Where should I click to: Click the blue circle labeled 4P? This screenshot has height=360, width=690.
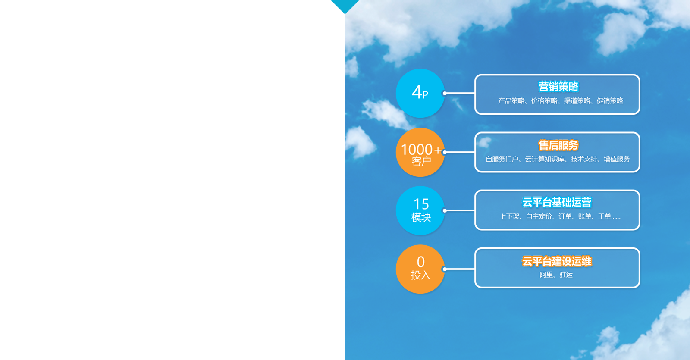[420, 93]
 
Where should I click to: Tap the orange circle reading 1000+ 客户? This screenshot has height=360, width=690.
[420, 152]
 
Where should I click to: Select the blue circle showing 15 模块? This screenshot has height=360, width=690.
[420, 211]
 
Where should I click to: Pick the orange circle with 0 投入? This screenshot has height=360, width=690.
[420, 269]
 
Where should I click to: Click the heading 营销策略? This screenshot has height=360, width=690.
[558, 87]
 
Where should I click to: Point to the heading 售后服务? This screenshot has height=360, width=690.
[558, 145]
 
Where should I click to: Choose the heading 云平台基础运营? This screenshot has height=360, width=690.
[557, 202]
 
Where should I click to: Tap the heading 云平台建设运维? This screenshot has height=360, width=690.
[557, 261]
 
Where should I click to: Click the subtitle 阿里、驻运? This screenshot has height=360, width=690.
[556, 275]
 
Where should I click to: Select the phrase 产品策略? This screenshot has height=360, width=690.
[511, 101]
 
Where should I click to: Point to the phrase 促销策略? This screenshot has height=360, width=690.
[610, 101]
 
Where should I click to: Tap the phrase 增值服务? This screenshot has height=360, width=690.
[617, 159]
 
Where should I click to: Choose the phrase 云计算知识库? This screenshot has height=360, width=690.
[545, 159]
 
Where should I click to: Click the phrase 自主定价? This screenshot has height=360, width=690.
[539, 216]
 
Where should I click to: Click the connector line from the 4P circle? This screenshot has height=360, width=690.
[460, 93]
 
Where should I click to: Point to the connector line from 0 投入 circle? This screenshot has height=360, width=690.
[460, 269]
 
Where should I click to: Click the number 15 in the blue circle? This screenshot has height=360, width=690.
[421, 204]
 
